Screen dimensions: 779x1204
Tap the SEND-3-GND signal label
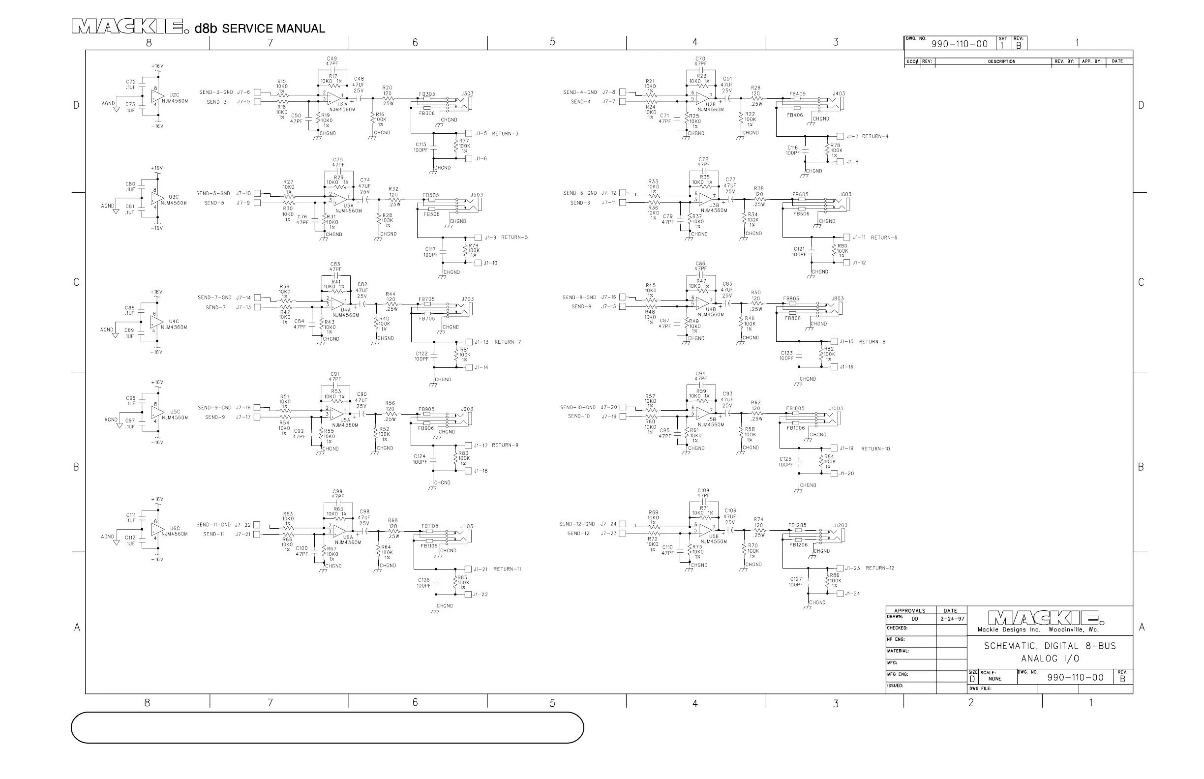pos(216,92)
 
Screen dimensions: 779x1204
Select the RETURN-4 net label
pos(875,137)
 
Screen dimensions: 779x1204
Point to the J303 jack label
pos(467,93)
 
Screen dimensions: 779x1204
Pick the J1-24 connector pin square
pos(840,594)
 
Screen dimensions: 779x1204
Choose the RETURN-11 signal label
pos(508,569)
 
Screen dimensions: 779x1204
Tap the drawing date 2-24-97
pos(952,619)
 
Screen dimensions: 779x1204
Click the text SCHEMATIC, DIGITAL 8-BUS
pos(1050,646)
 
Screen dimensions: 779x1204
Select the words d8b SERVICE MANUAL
pos(260,29)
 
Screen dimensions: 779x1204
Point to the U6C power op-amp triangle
pos(158,529)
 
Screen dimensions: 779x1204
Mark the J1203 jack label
pos(840,526)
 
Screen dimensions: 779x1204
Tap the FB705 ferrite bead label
pos(426,300)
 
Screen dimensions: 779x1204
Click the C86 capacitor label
pos(700,264)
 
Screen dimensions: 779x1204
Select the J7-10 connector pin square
pos(258,193)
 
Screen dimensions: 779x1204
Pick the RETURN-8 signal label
pos(872,342)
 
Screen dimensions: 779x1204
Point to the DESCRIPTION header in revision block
pos(1001,61)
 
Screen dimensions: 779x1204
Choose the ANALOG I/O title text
pos(1050,659)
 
